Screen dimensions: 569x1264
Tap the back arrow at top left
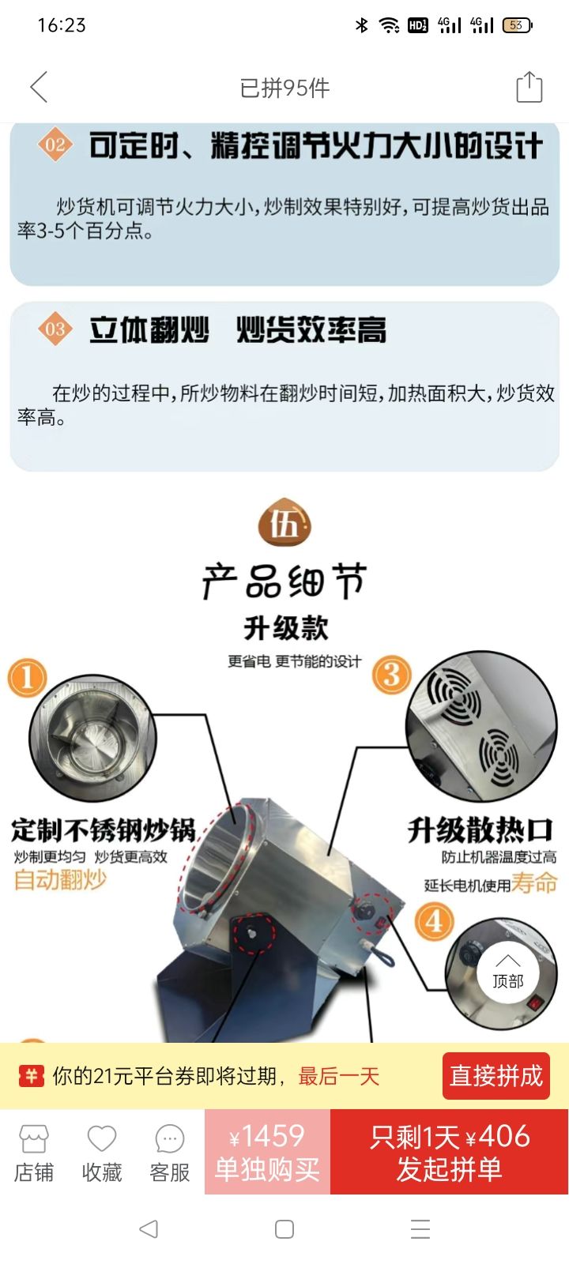pos(39,87)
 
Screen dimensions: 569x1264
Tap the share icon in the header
pos(529,87)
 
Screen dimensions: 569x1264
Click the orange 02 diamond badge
pos(55,145)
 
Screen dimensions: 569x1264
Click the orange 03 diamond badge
pos(55,329)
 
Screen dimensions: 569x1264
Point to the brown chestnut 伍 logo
pos(284,522)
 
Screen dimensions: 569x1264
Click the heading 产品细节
pos(284,581)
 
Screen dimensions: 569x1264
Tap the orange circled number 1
pos(27,678)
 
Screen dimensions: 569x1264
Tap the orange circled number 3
pos(391,675)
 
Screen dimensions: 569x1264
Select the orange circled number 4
pos(434,921)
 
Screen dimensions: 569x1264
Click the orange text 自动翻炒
pos(60,879)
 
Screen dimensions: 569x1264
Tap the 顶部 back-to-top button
pos(508,972)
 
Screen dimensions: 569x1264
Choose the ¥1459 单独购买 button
pos(268,1151)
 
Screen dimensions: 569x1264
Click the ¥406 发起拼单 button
pos(450,1151)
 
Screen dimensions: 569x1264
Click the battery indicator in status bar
pos(517,25)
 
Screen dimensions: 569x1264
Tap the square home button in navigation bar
pos(284,1229)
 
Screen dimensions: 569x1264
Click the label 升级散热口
pos(480,829)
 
